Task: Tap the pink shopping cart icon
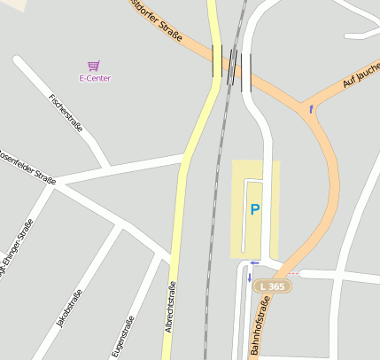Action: coord(93,66)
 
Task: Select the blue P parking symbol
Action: coord(255,210)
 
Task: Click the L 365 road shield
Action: coord(272,287)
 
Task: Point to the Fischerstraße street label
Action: coord(66,113)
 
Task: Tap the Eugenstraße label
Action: coord(123,337)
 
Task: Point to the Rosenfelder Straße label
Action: coord(27,166)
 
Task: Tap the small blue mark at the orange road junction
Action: coord(311,109)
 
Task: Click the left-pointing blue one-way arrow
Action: coord(254,262)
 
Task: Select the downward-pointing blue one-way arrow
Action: coord(250,278)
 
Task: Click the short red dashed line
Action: coord(292,273)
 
